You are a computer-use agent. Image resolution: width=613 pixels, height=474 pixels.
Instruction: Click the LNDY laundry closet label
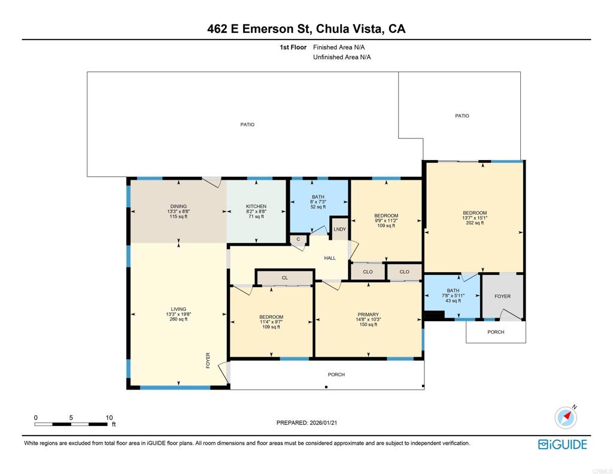[x=340, y=229]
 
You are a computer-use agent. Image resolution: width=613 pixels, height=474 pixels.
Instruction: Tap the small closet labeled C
[x=298, y=239]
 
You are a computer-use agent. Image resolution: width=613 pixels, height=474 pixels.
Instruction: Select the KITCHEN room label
[x=256, y=206]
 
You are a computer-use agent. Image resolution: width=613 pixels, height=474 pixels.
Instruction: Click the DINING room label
[x=178, y=206]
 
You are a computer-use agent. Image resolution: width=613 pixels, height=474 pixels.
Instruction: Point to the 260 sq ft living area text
[x=178, y=319]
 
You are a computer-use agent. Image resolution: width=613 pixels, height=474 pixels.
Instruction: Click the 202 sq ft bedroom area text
[x=475, y=223]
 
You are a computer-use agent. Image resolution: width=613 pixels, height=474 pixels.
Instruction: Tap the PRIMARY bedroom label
[x=368, y=315]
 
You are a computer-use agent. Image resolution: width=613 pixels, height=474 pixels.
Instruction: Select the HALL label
[x=330, y=258]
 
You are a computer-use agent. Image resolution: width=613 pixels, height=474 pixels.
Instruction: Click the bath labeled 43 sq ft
[x=453, y=295]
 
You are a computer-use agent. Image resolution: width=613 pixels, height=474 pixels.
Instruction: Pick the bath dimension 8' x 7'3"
[x=318, y=201]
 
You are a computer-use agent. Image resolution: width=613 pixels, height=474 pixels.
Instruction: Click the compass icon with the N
[x=566, y=417]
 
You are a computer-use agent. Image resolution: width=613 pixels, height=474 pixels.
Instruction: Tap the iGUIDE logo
[x=563, y=444]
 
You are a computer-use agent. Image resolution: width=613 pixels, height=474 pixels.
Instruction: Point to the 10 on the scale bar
[x=109, y=418]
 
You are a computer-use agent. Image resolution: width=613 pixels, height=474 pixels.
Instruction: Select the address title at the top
[x=306, y=29]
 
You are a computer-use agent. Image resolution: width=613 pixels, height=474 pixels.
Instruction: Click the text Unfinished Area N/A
[x=342, y=57]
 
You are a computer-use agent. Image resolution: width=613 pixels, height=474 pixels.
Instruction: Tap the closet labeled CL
[x=284, y=277]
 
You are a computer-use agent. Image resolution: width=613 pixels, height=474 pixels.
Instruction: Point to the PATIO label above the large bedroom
[x=462, y=116]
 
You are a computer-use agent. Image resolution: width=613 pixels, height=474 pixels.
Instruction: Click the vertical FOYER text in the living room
[x=208, y=361]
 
